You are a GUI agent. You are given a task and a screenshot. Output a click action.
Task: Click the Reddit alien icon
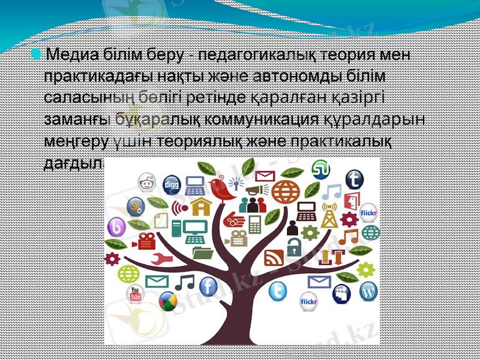[146, 181]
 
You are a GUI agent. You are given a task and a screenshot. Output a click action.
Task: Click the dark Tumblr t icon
[355, 179]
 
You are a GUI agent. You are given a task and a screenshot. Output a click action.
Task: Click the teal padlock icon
[293, 246]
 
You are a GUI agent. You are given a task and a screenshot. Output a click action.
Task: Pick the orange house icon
[201, 207]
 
